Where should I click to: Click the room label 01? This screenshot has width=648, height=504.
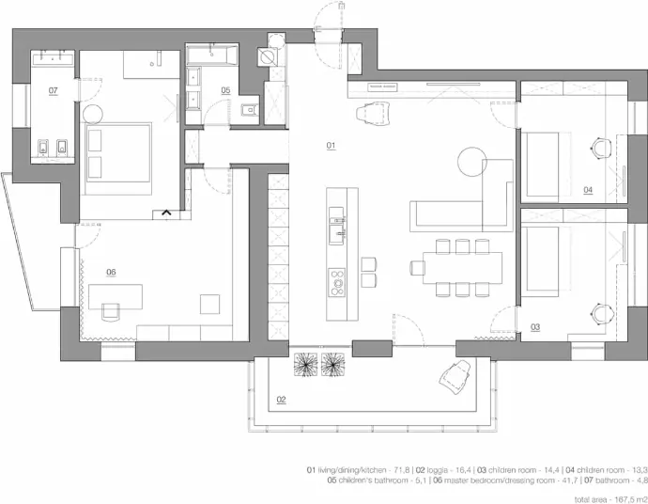[331, 145]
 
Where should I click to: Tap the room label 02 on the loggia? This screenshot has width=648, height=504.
[281, 400]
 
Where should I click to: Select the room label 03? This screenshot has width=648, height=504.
[535, 327]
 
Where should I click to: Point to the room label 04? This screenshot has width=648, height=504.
[588, 190]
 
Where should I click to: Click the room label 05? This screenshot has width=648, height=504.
[225, 90]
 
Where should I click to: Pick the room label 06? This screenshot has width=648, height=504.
[111, 272]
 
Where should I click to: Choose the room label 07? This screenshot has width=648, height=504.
[54, 90]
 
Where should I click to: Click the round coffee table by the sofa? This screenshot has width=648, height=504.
[472, 162]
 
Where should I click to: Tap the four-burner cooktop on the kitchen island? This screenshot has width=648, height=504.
[337, 282]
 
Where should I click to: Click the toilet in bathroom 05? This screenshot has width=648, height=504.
[249, 110]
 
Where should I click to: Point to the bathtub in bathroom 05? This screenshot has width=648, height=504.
[211, 55]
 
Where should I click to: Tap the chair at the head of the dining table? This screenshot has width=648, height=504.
[418, 268]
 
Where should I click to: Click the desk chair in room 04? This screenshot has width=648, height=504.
[600, 149]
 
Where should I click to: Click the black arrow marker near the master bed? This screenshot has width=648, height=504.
[166, 213]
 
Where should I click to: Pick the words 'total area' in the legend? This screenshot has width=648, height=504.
[590, 499]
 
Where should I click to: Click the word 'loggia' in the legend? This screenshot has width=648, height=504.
[437, 470]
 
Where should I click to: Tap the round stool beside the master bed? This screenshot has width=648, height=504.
[93, 115]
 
